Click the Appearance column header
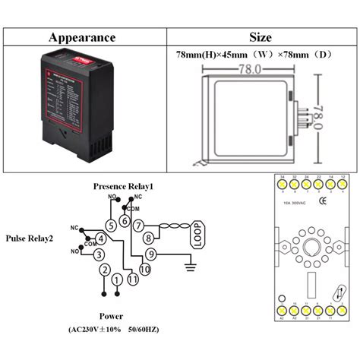[82, 37]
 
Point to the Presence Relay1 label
[123, 186]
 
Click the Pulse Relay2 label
[29, 238]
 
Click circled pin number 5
[112, 225]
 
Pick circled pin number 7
[139, 226]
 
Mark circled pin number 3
[98, 254]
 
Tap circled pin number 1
[117, 280]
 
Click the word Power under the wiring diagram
[112, 316]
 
